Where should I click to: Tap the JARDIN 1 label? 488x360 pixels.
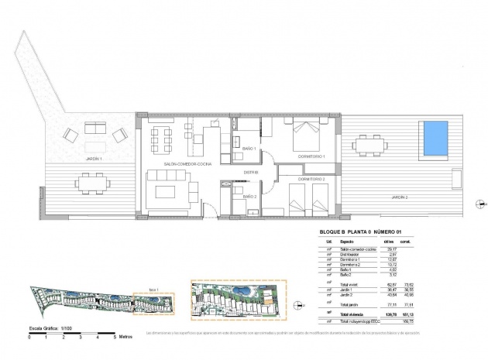91,158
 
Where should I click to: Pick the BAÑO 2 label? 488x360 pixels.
249,197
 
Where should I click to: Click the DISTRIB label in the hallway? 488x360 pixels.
250,173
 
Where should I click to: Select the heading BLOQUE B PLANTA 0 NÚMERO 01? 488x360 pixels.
362,231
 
